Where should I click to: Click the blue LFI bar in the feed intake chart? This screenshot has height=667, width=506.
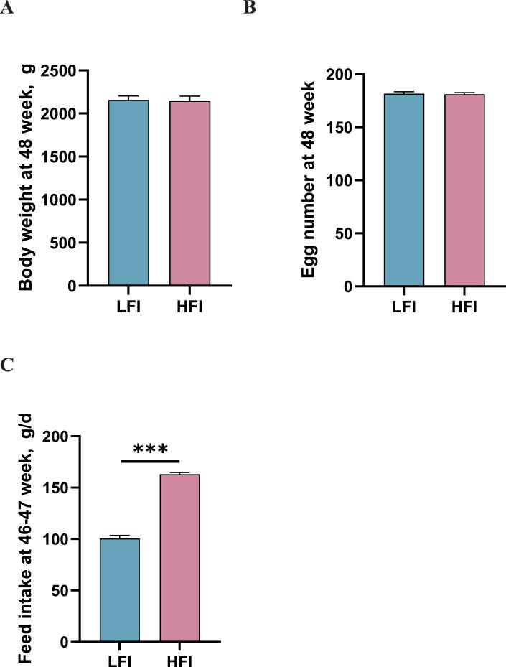click(119, 589)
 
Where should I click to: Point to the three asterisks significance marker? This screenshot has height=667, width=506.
click(149, 450)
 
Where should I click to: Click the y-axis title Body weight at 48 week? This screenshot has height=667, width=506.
click(27, 179)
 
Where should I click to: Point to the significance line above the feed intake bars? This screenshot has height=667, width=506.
click(149, 460)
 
